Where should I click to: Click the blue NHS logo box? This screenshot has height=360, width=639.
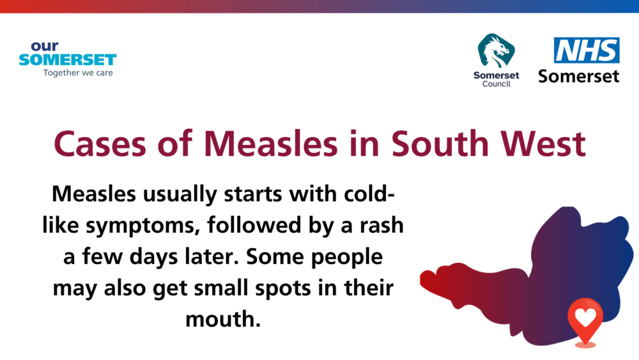click(x=587, y=50)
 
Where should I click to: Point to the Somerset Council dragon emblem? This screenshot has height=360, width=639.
click(x=496, y=51)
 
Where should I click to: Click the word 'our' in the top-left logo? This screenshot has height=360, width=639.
click(x=45, y=46)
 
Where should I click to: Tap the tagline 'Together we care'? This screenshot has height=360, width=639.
click(x=78, y=73)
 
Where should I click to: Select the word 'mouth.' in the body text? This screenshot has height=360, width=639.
click(x=223, y=319)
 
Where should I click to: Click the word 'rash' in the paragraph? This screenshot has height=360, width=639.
click(x=381, y=226)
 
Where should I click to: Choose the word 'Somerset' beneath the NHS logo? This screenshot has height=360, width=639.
click(x=579, y=76)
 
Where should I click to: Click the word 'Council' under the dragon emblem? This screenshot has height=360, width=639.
click(x=497, y=84)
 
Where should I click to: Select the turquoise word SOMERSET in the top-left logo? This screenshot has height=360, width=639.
click(x=68, y=60)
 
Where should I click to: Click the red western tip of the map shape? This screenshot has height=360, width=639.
click(x=421, y=279)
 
